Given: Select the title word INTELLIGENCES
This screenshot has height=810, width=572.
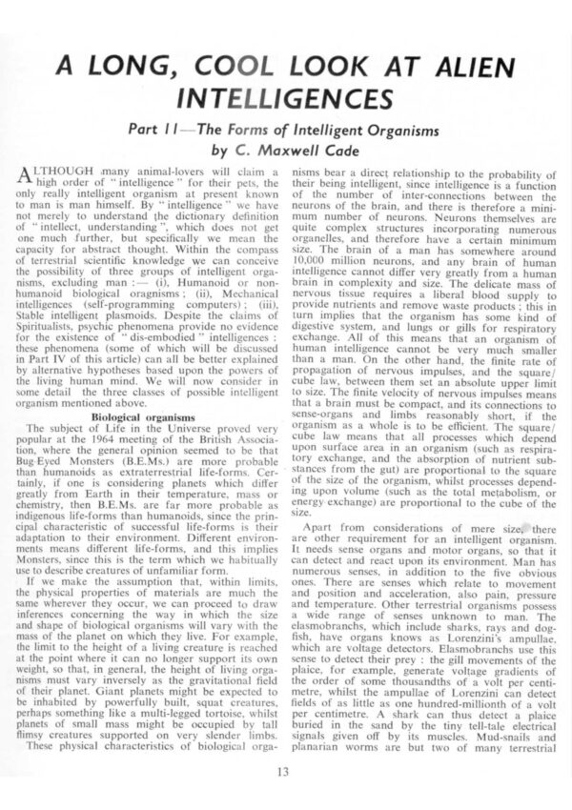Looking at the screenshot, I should [286, 99].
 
